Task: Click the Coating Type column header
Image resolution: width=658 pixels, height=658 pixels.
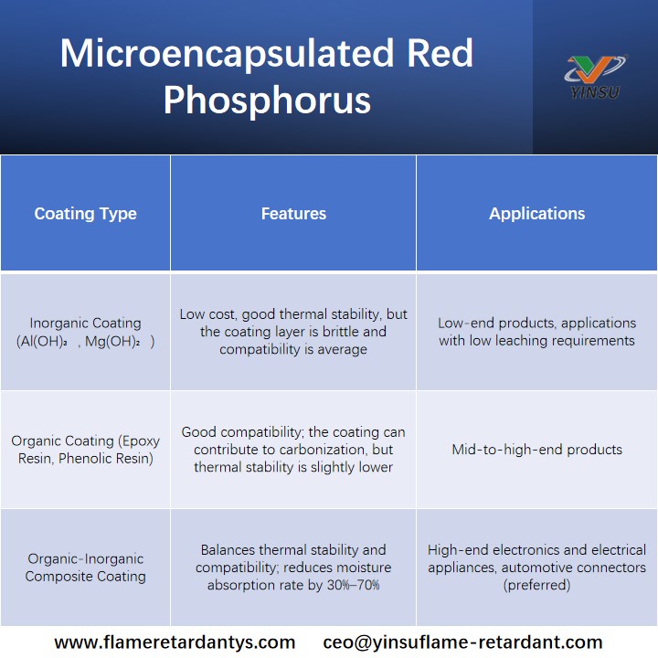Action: tap(85, 214)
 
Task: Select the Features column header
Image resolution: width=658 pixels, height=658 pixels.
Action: tap(293, 214)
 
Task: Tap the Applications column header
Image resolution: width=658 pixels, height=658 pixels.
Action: tap(536, 214)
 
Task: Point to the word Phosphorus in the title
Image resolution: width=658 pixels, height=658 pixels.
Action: tap(267, 100)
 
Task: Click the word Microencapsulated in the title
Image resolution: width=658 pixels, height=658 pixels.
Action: tap(227, 54)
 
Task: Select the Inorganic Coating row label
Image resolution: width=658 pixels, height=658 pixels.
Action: tap(85, 332)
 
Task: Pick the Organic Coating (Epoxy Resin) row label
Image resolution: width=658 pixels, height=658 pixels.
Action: tap(85, 450)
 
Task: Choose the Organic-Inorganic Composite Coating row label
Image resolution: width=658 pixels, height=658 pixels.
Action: tap(85, 568)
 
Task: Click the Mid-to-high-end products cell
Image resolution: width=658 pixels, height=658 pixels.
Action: tap(536, 450)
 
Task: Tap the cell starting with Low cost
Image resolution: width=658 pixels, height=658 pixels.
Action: tap(293, 332)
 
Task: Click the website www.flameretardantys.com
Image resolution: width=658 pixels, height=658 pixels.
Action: tap(175, 642)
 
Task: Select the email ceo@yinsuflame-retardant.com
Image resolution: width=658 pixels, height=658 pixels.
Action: tap(462, 642)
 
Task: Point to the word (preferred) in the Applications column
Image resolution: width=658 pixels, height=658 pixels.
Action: tap(536, 585)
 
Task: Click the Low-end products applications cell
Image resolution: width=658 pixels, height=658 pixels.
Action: tap(536, 332)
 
